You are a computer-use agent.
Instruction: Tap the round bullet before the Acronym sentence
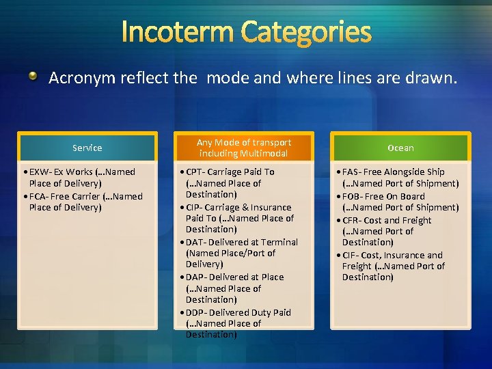point(33,77)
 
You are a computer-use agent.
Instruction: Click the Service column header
point(87,148)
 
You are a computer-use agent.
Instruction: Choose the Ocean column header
point(400,148)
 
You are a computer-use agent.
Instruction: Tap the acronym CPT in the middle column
point(195,172)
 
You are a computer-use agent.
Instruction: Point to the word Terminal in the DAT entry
point(280,243)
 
